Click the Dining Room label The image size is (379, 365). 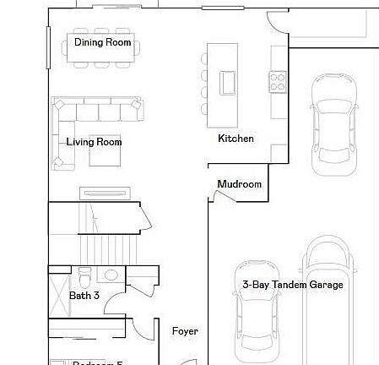(x=102, y=42)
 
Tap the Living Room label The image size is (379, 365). (x=94, y=142)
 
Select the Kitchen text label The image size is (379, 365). (x=236, y=139)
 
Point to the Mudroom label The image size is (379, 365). (x=239, y=184)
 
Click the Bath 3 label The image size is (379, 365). (x=84, y=296)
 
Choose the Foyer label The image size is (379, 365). (x=185, y=331)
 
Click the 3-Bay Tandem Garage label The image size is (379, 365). (x=292, y=285)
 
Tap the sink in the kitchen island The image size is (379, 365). (x=228, y=82)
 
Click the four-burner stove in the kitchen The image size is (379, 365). (x=278, y=81)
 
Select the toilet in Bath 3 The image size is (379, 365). (x=84, y=277)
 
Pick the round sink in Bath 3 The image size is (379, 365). (x=111, y=275)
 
